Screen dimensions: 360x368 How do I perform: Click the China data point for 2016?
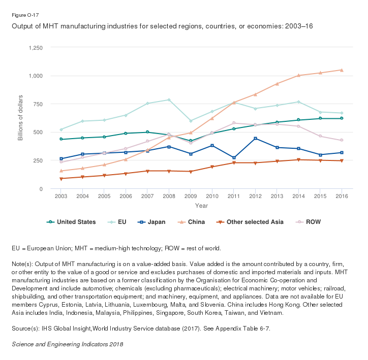[342, 70]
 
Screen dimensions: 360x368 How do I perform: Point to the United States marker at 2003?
[61, 139]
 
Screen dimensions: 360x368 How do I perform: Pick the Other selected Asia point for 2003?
[61, 179]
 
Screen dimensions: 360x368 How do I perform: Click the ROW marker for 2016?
[342, 140]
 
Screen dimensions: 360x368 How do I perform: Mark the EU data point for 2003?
[61, 129]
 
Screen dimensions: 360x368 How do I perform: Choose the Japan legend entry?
[152, 222]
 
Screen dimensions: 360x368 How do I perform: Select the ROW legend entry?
[309, 222]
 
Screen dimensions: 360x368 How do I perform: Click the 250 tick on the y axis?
[37, 160]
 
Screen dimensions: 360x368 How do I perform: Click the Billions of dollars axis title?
[21, 118]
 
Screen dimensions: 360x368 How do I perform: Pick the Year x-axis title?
[201, 206]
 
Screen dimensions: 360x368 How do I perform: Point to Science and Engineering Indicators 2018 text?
[67, 344]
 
